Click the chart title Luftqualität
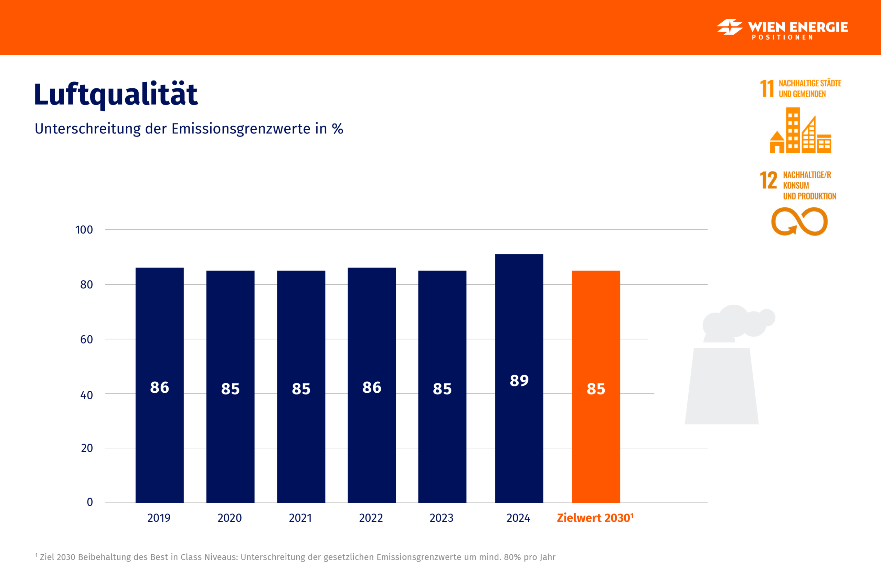coord(116,94)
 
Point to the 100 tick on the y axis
coord(84,230)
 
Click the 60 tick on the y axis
coord(86,339)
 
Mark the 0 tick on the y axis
coord(90,502)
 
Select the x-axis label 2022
coord(371,518)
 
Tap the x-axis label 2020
coord(230,518)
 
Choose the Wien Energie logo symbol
coord(729,27)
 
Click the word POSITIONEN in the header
coord(782,37)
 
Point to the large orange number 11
coord(766,89)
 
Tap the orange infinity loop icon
coord(799,221)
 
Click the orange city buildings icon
coord(800,131)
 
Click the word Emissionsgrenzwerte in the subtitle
coord(241,129)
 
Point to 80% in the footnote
coord(512,557)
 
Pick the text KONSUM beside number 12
coord(796,186)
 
